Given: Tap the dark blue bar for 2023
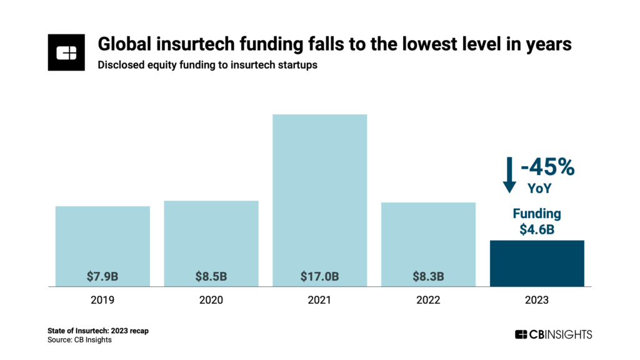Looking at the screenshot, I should (537, 263).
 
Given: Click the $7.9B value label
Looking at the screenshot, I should (102, 276).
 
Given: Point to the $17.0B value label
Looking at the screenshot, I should (320, 276).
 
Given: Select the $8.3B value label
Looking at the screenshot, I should (428, 276).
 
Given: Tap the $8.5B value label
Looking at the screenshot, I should (211, 276).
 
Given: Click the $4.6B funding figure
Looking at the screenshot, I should (537, 229).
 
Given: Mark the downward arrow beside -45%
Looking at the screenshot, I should (509, 174).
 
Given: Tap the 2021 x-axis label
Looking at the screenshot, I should (320, 300).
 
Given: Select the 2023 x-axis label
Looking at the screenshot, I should (537, 300).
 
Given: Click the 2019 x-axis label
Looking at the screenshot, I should (102, 300).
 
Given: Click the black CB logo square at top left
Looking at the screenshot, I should (66, 52).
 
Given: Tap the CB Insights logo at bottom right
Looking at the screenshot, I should (552, 334).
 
